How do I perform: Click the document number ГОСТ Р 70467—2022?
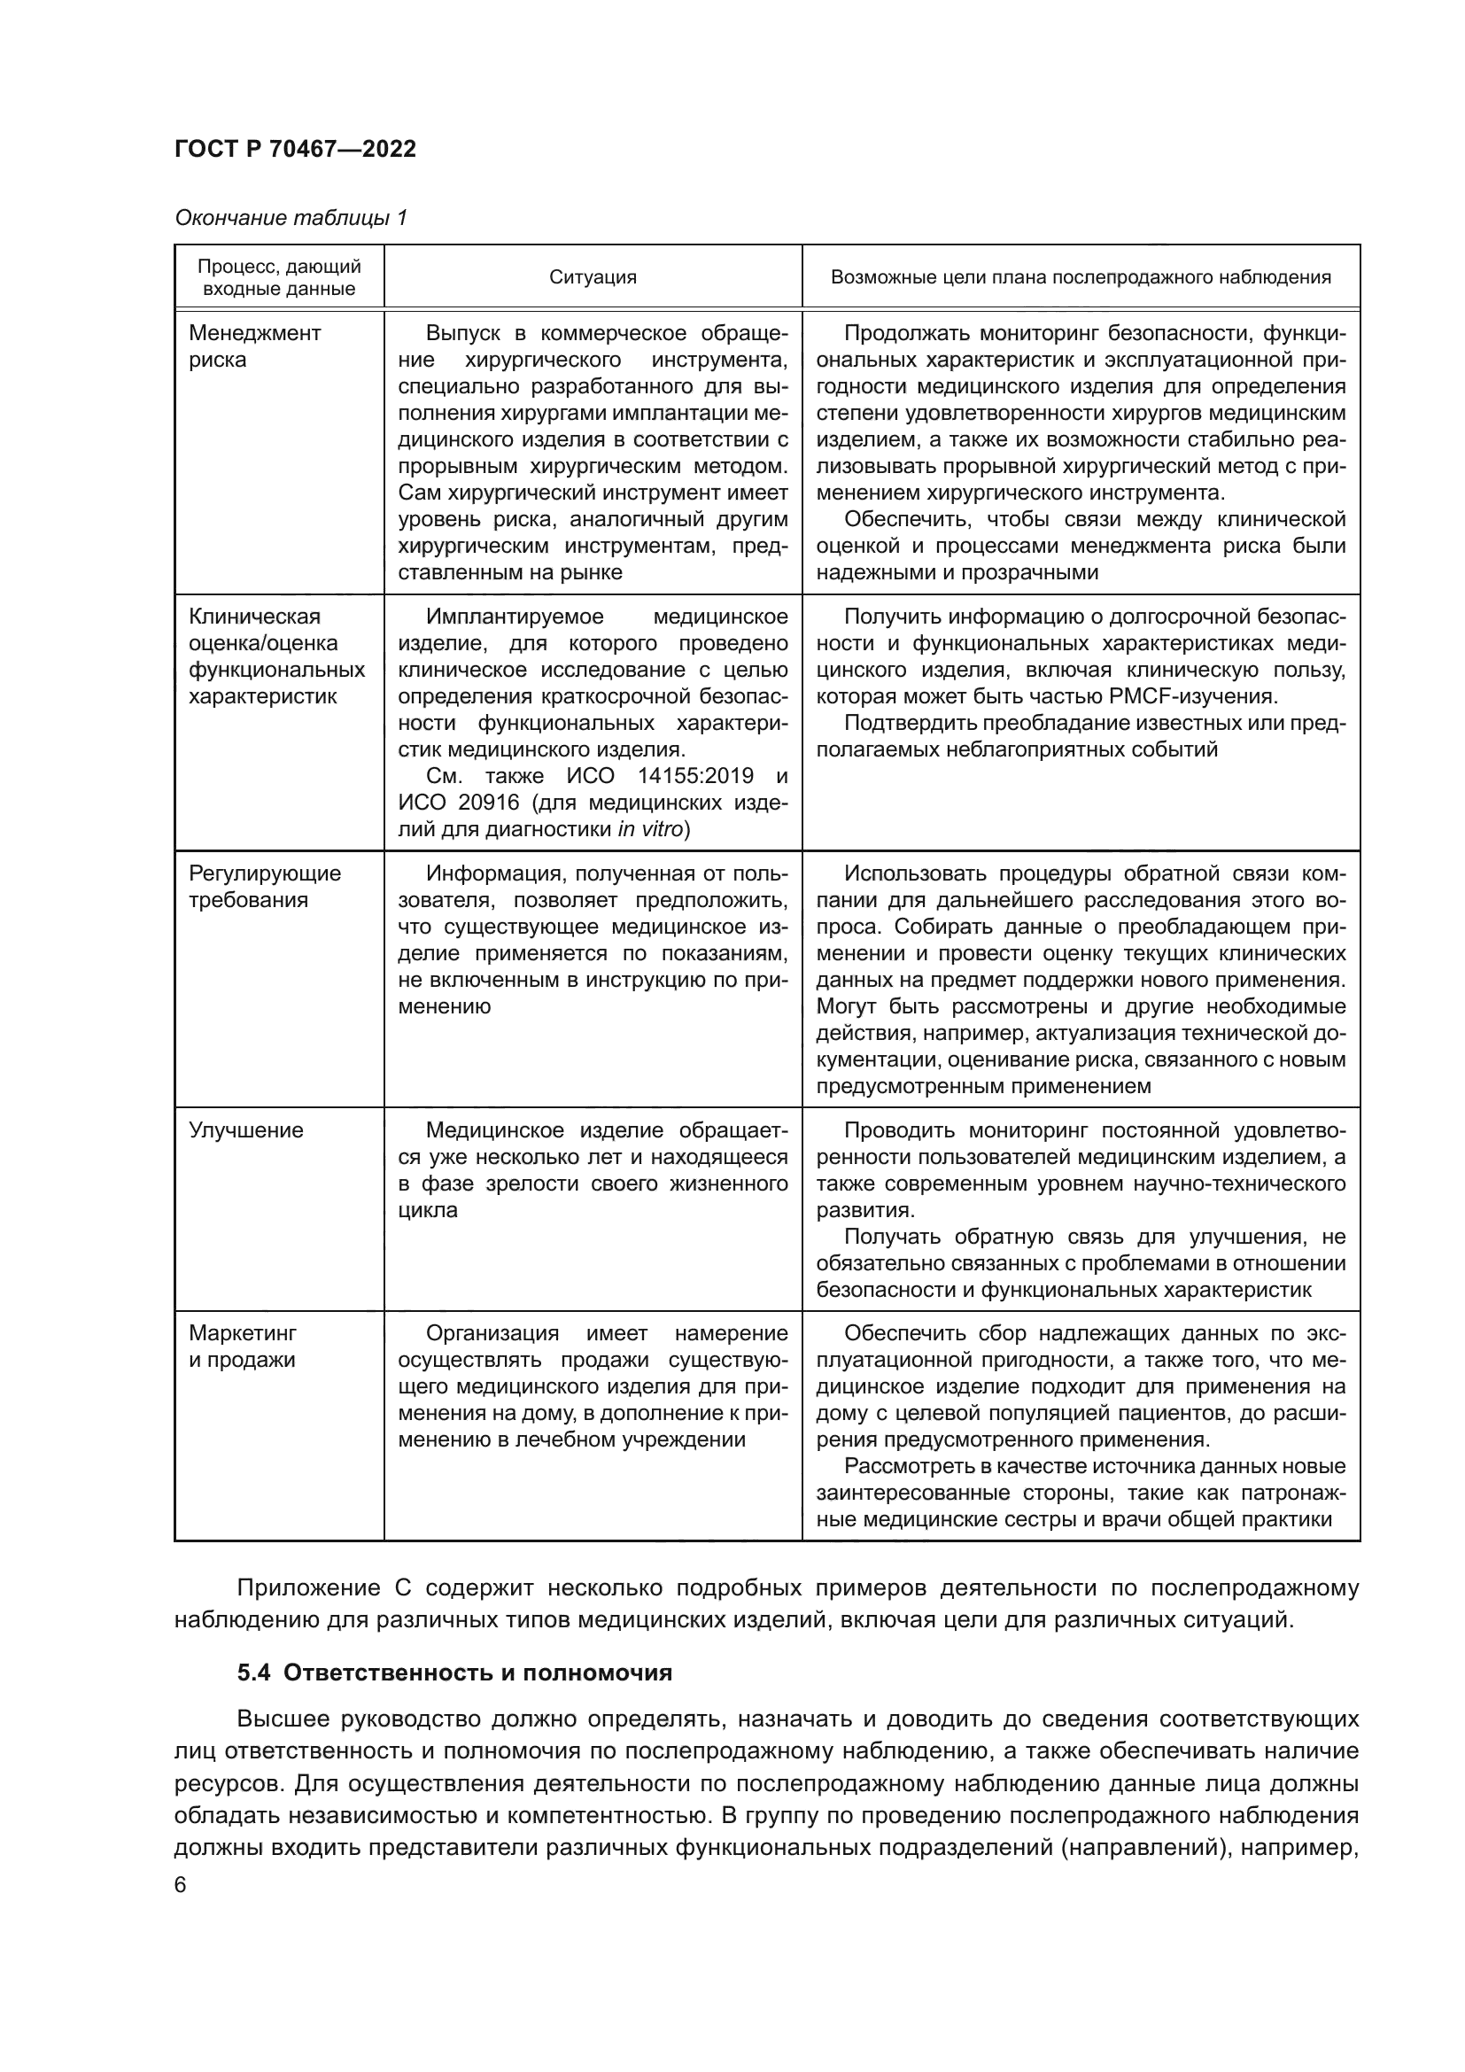(x=295, y=149)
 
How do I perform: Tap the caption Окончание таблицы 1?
(x=291, y=218)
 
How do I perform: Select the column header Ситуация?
(x=593, y=277)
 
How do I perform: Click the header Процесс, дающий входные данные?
(x=279, y=277)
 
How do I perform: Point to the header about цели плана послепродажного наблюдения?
(x=1080, y=277)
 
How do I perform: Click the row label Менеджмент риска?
(x=254, y=346)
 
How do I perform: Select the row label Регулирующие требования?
(x=264, y=886)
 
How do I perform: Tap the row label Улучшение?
(x=245, y=1129)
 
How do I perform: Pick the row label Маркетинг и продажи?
(x=242, y=1346)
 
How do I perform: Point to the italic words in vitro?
(x=649, y=829)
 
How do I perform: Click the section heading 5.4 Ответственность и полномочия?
(x=454, y=1672)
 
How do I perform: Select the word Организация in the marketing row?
(x=492, y=1333)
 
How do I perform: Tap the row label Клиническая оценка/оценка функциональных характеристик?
(x=276, y=656)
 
